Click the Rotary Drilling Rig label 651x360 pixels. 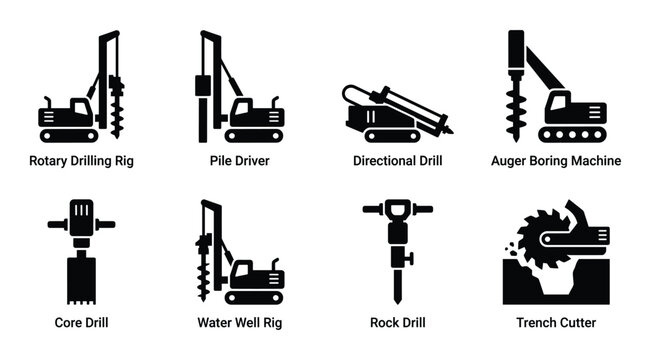point(80,160)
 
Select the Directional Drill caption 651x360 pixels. point(398,160)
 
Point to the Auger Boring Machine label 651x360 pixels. point(557,160)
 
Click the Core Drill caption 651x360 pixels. point(80,322)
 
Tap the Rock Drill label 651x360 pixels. point(398,322)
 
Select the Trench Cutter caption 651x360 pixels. point(557,322)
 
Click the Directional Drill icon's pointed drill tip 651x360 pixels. point(448,130)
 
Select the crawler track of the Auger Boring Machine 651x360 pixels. point(571,133)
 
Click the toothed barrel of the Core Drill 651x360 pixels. point(80,279)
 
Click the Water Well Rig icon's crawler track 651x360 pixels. point(255,296)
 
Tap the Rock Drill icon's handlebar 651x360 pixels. point(398,210)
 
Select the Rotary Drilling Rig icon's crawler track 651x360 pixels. point(67,133)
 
